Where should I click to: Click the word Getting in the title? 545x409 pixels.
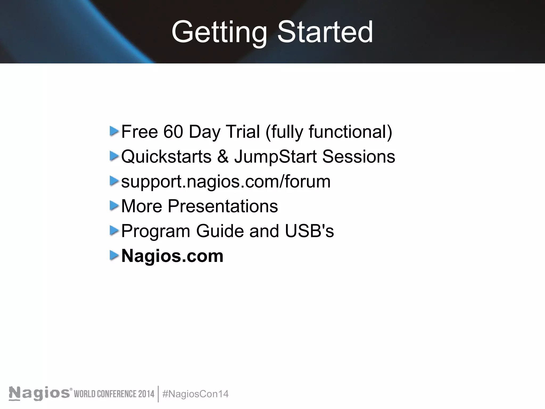coord(219,32)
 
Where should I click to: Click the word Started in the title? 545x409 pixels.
coord(325,32)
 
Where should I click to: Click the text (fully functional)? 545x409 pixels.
coord(329,132)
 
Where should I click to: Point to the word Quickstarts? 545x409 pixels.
coord(166,157)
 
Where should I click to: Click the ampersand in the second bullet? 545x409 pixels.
coord(223,157)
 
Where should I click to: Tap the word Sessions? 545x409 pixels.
coord(358,157)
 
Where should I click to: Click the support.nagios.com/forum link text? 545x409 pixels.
coord(226,182)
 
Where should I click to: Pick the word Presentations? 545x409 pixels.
coord(222,206)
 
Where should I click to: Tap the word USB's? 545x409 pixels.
coord(309,231)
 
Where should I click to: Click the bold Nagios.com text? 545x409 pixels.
coord(172,256)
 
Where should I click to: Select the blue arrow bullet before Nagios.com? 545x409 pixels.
coord(114,255)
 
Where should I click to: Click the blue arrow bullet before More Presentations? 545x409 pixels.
coord(114,206)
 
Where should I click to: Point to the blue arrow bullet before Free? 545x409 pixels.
coord(114,131)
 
